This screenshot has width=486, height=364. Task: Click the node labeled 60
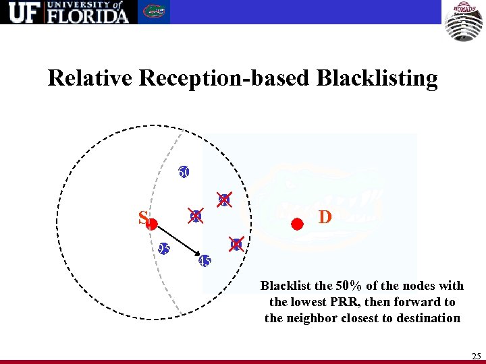tap(184, 172)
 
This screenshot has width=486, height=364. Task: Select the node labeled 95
tap(163, 249)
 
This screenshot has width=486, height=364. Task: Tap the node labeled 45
tap(205, 261)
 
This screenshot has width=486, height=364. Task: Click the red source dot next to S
tap(153, 223)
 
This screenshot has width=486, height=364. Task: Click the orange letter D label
tap(325, 218)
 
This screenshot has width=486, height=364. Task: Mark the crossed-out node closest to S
tap(196, 216)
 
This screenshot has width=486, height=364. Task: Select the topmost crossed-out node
tap(225, 200)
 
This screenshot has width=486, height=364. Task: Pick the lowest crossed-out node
tap(236, 244)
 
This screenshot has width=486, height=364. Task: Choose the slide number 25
tap(475, 355)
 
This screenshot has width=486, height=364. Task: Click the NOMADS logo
tap(463, 21)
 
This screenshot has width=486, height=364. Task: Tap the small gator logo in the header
tap(155, 12)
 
